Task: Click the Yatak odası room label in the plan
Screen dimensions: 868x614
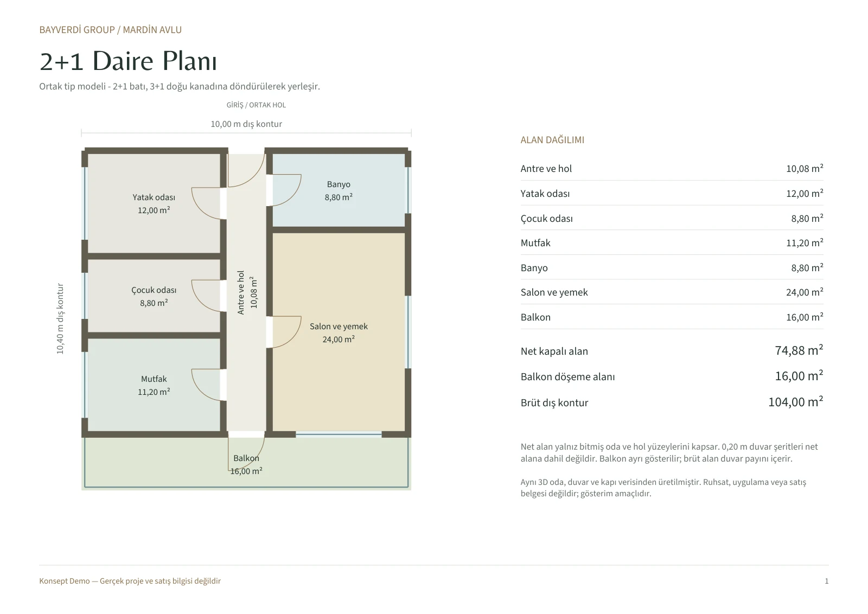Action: coord(154,197)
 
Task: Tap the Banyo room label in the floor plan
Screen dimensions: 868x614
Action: coord(339,184)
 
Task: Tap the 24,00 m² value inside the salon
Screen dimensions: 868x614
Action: coord(339,340)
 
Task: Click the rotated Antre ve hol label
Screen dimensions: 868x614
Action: coord(241,292)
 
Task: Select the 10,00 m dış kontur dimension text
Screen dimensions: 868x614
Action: coord(246,124)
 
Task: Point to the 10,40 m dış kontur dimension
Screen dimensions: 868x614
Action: coord(60,318)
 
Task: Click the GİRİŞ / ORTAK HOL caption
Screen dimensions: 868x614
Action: coord(256,105)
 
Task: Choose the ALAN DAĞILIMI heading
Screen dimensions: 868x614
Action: coord(552,140)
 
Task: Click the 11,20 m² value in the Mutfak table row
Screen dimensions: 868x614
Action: coord(805,243)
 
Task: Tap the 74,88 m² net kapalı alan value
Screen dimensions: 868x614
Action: coord(799,350)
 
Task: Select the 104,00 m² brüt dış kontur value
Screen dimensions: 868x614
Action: coord(795,402)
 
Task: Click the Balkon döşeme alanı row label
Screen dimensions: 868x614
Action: coord(567,377)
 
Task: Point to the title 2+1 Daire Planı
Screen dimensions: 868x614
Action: coord(128,61)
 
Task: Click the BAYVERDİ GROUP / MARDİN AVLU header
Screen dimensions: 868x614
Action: coord(111,30)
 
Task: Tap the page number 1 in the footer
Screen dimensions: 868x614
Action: coord(827,581)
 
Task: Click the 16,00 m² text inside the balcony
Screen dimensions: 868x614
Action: coord(246,471)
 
